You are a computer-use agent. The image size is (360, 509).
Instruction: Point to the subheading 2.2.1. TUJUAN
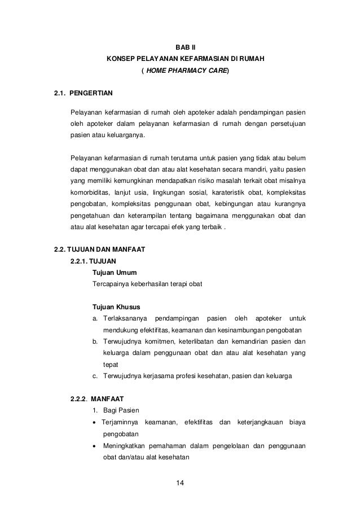(93, 261)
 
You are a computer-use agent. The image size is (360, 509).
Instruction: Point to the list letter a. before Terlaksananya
(96, 319)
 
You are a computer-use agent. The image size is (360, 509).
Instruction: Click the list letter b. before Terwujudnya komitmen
(96, 341)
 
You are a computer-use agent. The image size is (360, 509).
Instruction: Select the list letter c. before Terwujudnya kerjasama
(96, 376)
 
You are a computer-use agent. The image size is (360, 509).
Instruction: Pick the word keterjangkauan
(257, 423)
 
